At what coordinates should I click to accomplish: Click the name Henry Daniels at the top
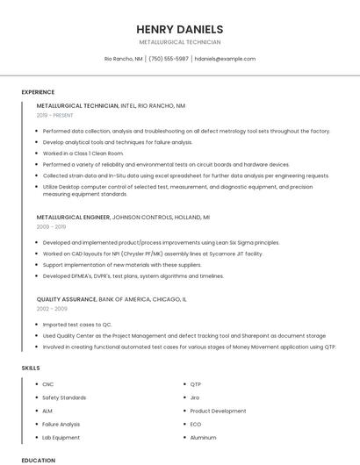(179, 28)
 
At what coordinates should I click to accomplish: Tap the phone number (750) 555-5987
(169, 59)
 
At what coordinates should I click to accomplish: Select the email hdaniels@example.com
(225, 59)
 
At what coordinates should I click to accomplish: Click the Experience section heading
(38, 92)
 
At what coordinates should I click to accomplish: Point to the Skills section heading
(31, 368)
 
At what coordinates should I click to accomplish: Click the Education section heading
(38, 460)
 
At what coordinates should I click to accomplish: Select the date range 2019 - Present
(55, 115)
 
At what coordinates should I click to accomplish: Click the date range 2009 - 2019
(51, 226)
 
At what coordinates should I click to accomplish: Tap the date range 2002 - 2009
(52, 309)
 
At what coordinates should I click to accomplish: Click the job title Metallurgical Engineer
(74, 216)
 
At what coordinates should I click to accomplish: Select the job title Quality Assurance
(67, 298)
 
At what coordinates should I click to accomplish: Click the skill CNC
(48, 384)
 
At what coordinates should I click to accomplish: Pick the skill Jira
(195, 397)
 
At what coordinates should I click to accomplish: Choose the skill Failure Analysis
(61, 424)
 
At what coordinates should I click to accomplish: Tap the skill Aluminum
(203, 437)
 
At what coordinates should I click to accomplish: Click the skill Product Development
(218, 411)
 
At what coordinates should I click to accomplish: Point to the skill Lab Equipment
(61, 437)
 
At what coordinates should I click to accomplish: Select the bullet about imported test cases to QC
(77, 324)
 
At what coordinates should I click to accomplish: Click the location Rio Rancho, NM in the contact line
(124, 59)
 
